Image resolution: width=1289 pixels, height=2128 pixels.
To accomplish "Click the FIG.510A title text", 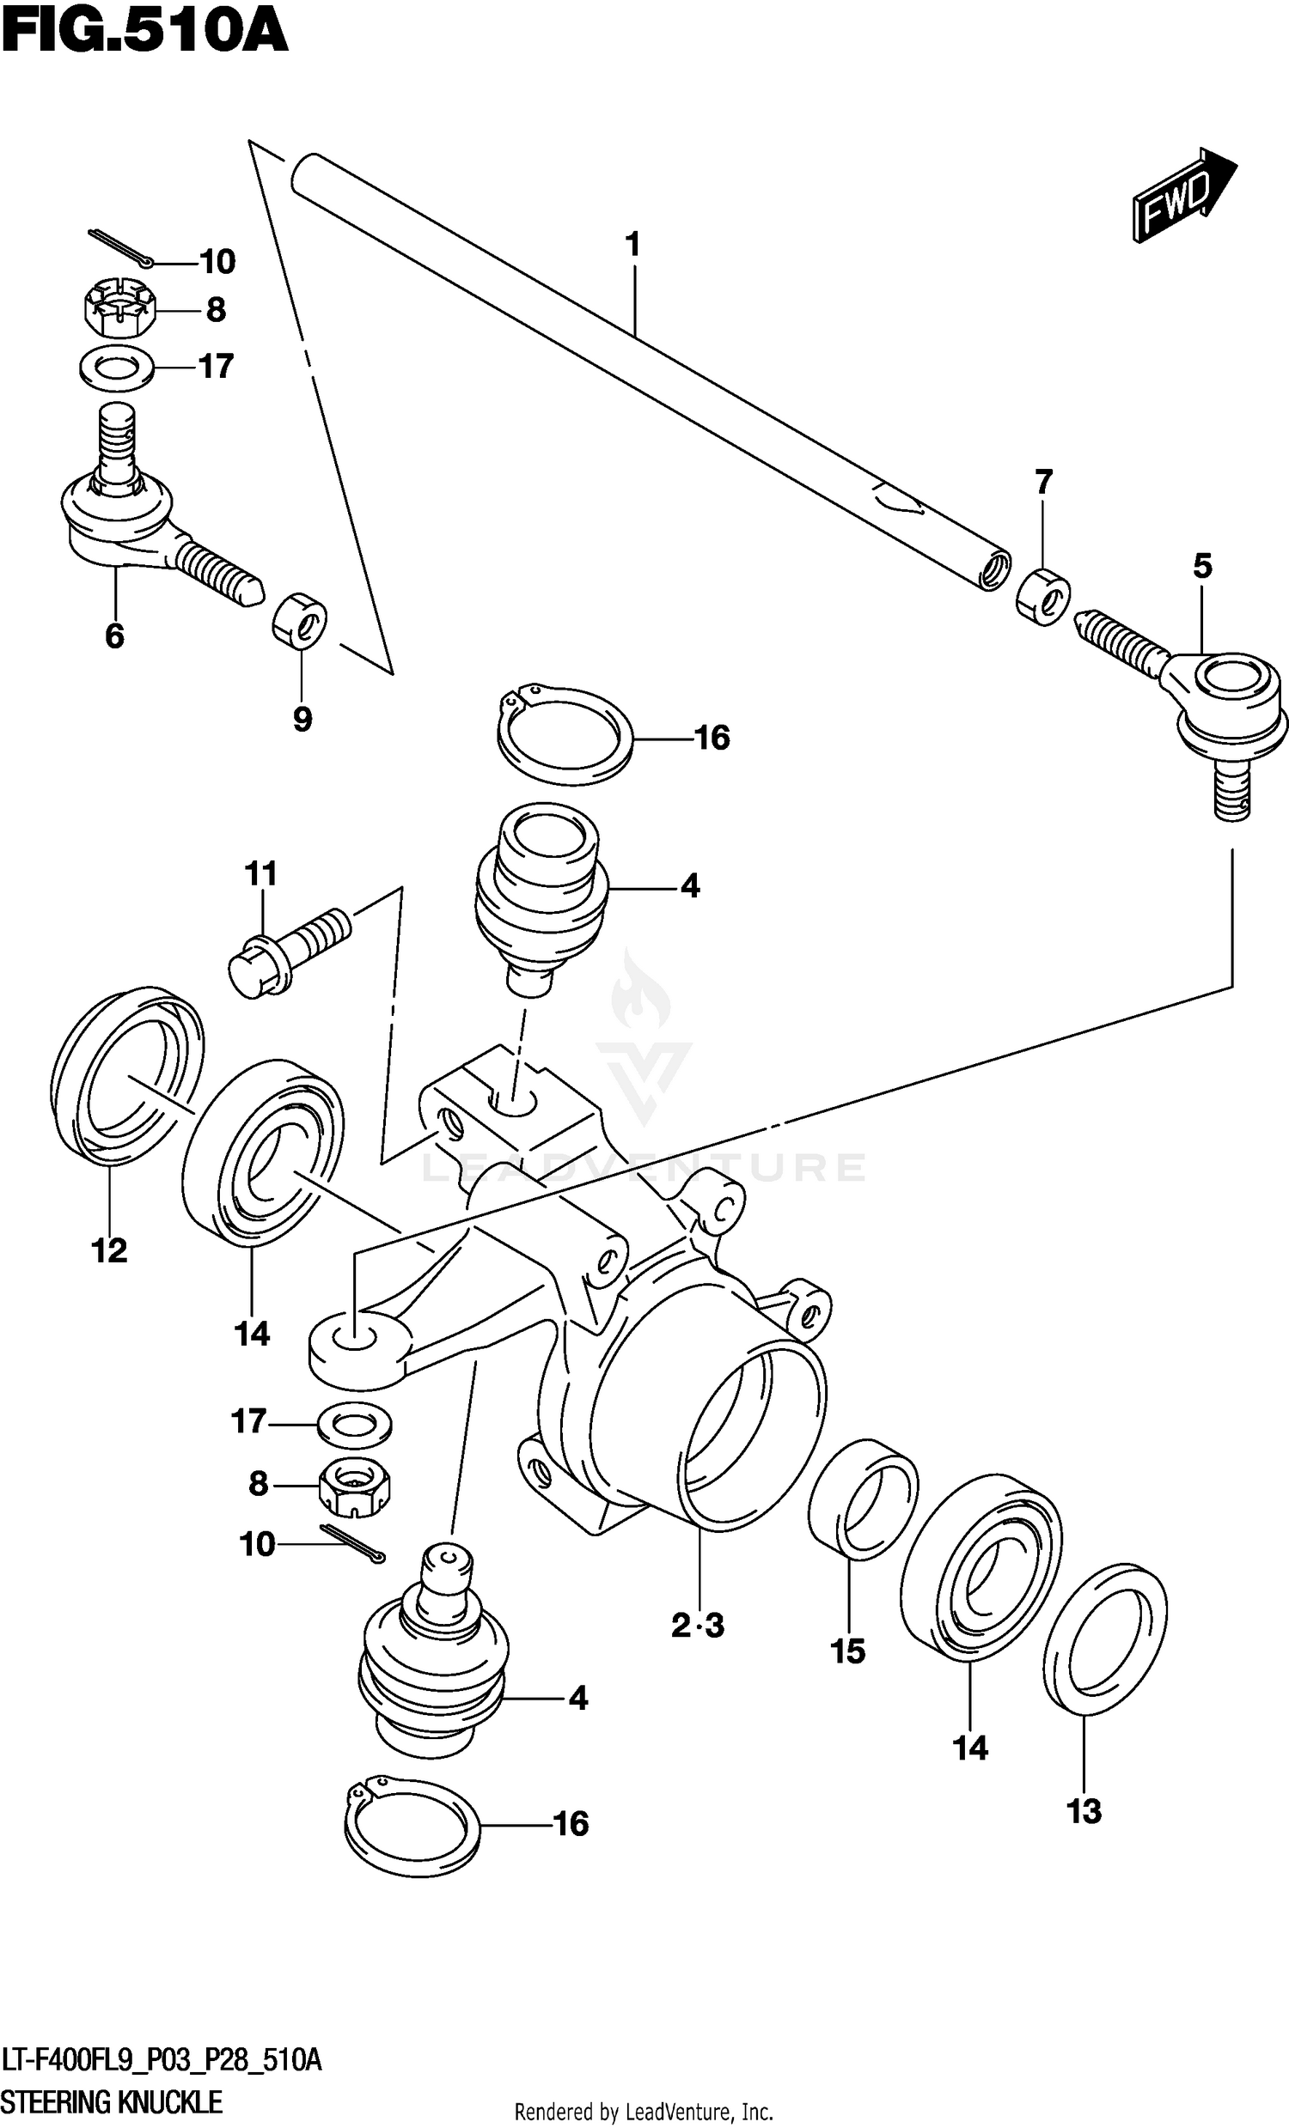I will click(x=144, y=33).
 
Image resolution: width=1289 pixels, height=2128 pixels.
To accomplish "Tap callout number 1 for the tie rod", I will click(x=633, y=245).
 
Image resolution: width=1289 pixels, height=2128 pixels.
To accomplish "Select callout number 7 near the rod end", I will click(x=1043, y=481).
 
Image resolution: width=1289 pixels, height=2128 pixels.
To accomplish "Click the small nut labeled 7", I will click(x=1042, y=596).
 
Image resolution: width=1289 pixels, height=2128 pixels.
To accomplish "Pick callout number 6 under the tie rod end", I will click(x=114, y=635).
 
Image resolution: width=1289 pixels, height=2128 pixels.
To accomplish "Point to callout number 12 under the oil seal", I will click(x=110, y=1249).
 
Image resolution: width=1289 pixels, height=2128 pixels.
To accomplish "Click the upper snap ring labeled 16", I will click(x=565, y=736).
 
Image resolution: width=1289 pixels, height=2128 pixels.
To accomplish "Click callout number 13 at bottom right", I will click(x=1084, y=1811).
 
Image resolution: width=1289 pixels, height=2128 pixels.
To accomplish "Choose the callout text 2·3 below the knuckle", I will click(x=697, y=1626).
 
